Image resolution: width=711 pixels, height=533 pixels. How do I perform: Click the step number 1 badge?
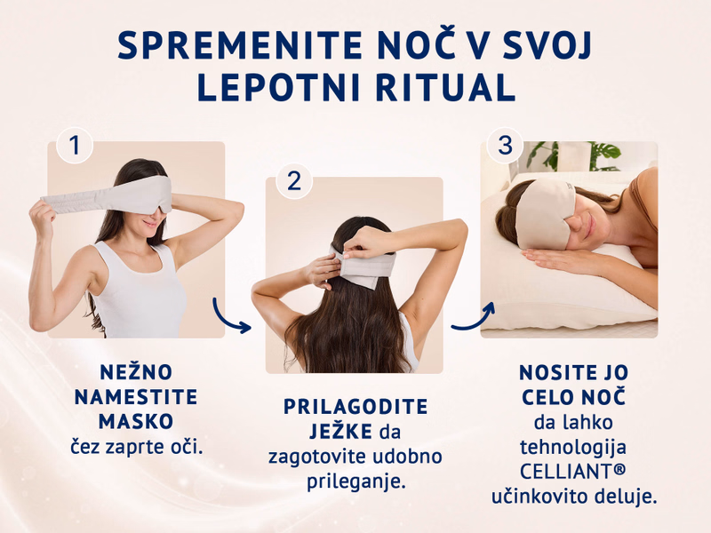(75, 146)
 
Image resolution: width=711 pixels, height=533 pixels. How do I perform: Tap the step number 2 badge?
(294, 181)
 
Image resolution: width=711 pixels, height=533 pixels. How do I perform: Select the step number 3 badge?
(505, 146)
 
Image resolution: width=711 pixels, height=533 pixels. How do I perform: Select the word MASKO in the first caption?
(136, 421)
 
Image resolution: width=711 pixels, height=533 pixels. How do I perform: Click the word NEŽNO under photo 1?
(136, 371)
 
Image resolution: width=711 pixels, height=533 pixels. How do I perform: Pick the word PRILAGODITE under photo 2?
(355, 407)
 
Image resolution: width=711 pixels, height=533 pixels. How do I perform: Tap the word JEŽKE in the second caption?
(341, 431)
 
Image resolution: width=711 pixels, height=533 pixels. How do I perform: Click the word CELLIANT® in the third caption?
(572, 472)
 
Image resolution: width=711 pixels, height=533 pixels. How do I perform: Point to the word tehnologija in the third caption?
(573, 448)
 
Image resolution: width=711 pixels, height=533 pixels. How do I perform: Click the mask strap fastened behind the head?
(363, 268)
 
